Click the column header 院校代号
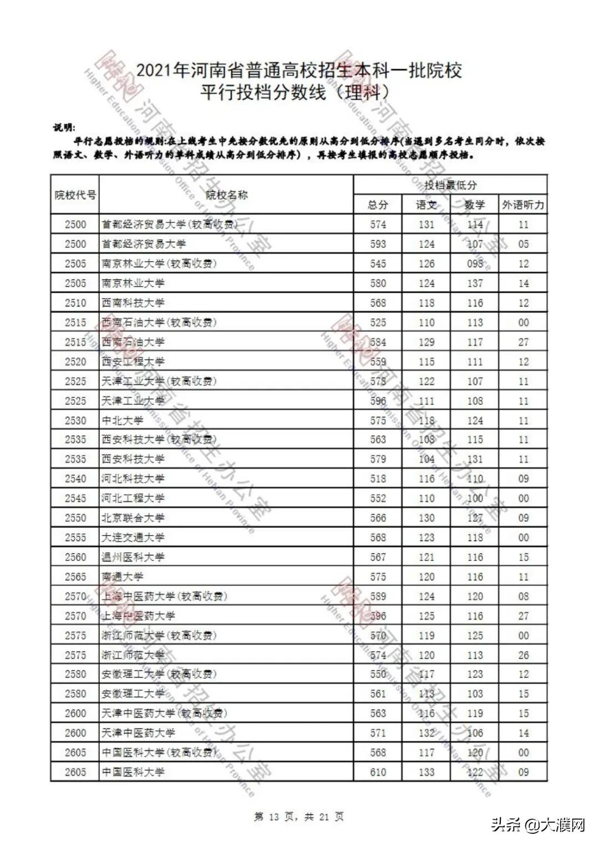coord(75,195)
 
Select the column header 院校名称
coord(226,195)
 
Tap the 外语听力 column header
coord(523,205)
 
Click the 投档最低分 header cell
coord(450,185)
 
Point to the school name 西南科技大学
coord(133,303)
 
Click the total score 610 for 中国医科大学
coord(378,772)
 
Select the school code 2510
coord(75,303)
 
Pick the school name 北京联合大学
coord(133,518)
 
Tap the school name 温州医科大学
coord(133,557)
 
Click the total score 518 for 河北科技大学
coord(378,478)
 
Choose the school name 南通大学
coord(123,577)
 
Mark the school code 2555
coord(75,537)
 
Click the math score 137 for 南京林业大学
coord(475,283)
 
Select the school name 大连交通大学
coord(133,537)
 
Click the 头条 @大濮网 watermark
coord(538,825)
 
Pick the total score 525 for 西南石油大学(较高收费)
coord(378,323)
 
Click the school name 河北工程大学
coord(133,498)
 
